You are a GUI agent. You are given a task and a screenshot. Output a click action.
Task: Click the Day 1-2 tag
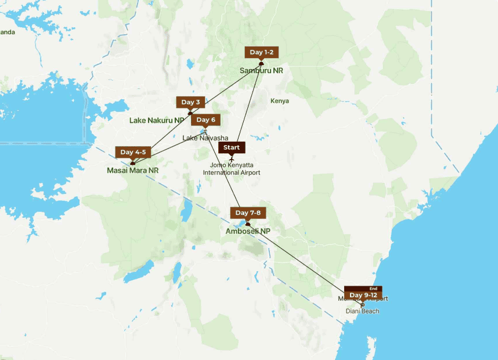[x=261, y=52]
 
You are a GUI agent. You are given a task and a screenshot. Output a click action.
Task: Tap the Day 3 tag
[x=190, y=102]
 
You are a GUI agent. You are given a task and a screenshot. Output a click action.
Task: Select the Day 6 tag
[x=205, y=120]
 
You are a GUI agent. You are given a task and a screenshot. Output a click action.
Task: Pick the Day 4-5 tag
[x=133, y=152]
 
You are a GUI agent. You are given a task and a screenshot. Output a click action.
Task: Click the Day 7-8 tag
[x=248, y=213]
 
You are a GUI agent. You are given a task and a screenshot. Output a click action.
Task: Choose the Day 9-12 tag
[x=363, y=295]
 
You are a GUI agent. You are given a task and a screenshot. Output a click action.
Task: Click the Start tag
[x=232, y=147]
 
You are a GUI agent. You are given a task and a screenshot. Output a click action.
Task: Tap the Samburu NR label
[x=261, y=71]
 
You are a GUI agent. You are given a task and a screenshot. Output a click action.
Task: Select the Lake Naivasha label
[x=205, y=138]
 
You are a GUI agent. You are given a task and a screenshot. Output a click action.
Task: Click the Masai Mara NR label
[x=132, y=170]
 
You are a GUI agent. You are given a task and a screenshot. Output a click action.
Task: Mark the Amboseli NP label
[x=248, y=231]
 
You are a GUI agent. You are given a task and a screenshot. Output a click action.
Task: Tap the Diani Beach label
[x=362, y=311]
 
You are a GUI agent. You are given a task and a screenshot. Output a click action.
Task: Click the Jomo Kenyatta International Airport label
[x=235, y=169]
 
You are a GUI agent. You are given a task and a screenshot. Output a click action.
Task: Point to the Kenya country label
[x=279, y=101]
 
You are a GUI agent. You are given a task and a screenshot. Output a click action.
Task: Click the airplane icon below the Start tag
[x=232, y=159]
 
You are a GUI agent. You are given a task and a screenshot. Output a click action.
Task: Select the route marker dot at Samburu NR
[x=261, y=63]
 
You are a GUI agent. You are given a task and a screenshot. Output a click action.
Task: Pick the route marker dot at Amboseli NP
[x=248, y=224]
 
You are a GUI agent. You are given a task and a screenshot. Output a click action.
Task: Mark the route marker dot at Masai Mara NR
[x=132, y=163]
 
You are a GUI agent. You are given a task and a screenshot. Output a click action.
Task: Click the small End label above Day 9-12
[x=373, y=289]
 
